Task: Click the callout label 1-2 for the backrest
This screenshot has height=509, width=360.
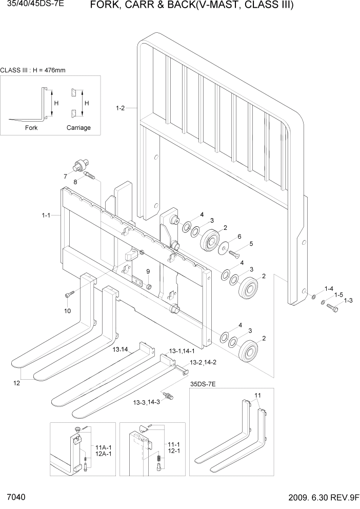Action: pyautogui.click(x=121, y=108)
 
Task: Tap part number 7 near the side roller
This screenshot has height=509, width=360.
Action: pyautogui.click(x=65, y=177)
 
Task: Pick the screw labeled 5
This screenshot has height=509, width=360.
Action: pyautogui.click(x=236, y=252)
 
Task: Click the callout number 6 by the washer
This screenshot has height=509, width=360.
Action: pyautogui.click(x=239, y=237)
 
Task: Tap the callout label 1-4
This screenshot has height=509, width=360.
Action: pyautogui.click(x=328, y=288)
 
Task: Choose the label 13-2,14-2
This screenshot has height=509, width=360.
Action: pyautogui.click(x=204, y=363)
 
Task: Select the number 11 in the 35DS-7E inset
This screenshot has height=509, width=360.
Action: pyautogui.click(x=258, y=395)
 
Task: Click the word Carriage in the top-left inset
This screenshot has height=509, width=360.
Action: pyautogui.click(x=78, y=128)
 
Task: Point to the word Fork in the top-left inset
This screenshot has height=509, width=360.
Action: pyautogui.click(x=31, y=128)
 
